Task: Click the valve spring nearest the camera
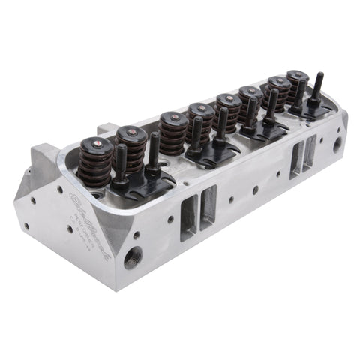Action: click(x=94, y=163)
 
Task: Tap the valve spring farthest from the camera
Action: click(x=298, y=85)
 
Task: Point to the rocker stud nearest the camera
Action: click(x=120, y=162)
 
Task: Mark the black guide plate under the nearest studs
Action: click(x=139, y=183)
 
